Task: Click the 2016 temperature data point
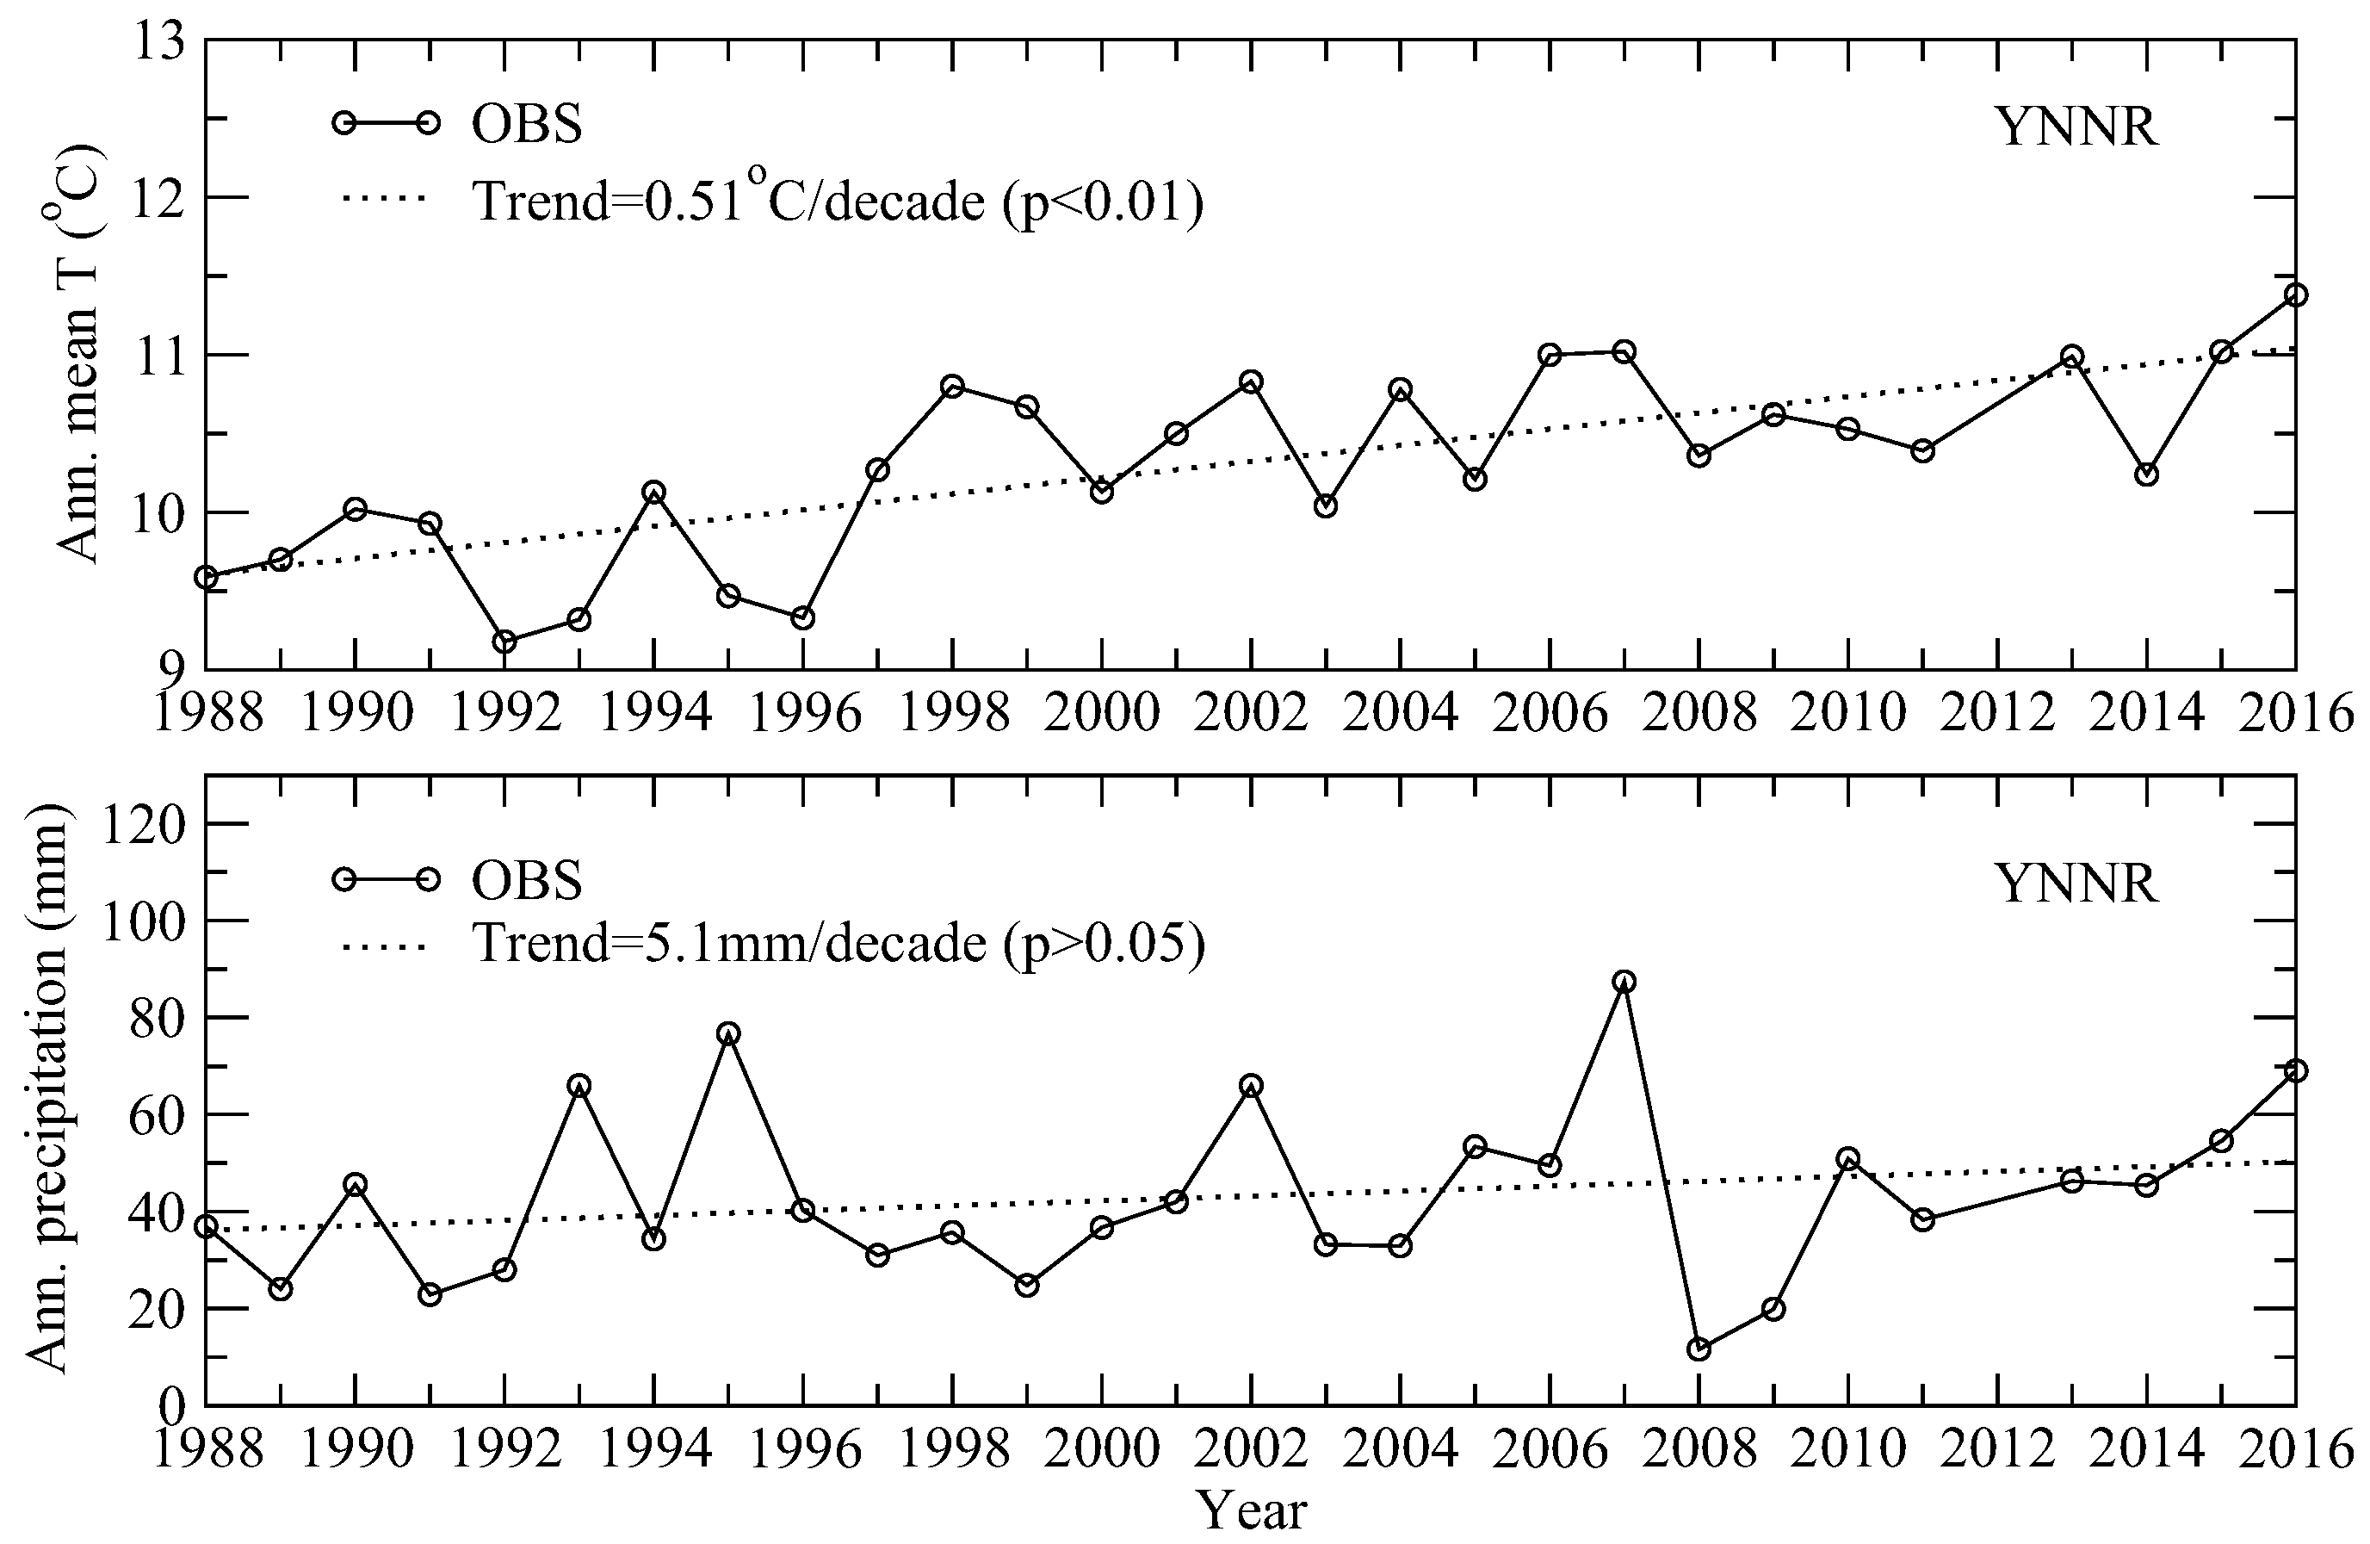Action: pos(2295,295)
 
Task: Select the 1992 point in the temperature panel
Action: pos(504,642)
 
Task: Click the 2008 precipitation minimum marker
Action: pos(1699,1349)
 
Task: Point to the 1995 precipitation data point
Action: pos(728,1034)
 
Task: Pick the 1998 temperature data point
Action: pos(952,387)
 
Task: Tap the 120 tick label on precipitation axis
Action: pos(145,826)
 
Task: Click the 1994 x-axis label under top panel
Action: pos(654,714)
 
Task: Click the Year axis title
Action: pos(1251,1511)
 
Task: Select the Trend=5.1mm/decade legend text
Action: pos(838,942)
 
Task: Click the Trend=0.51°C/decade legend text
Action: pos(838,201)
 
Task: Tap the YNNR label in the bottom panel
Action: pos(2077,883)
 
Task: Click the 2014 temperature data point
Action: pos(2147,474)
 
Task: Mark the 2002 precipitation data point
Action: pos(1251,1086)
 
